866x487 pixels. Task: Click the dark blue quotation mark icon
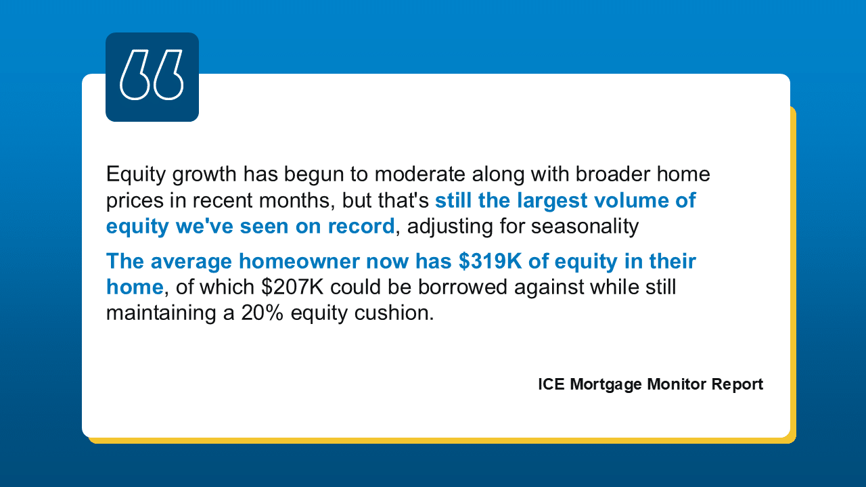pos(152,77)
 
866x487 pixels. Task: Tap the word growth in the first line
pos(204,175)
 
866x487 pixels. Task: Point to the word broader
pos(613,174)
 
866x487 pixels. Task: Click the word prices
pos(135,201)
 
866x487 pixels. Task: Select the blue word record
pos(361,226)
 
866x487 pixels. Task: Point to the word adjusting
pos(450,227)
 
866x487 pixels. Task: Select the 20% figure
pos(262,313)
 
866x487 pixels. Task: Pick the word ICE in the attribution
pos(551,384)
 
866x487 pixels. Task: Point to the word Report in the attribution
pos(737,385)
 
